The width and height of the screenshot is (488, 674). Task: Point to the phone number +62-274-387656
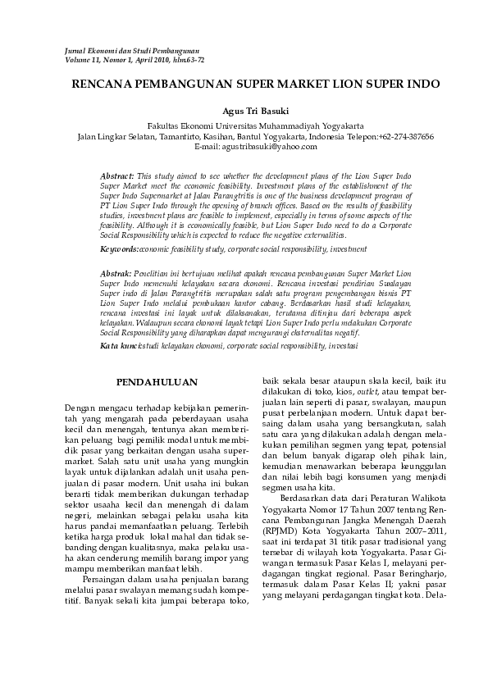[x=406, y=136]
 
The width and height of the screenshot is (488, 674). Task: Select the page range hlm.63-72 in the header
[x=188, y=61]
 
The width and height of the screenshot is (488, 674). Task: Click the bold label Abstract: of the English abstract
[x=117, y=176]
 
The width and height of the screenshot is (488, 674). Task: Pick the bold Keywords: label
[x=119, y=248]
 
